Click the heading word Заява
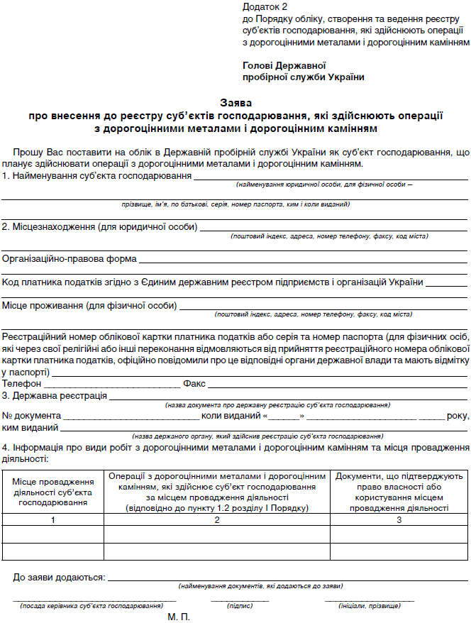(x=235, y=102)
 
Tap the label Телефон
(x=22, y=384)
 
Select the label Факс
(x=194, y=384)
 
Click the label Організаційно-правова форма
(x=70, y=259)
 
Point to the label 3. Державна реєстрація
(x=54, y=395)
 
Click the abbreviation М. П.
(x=179, y=617)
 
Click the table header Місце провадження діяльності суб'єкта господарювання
(x=53, y=492)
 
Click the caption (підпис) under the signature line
(x=239, y=606)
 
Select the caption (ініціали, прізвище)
(x=370, y=606)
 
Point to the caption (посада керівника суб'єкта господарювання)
(x=92, y=606)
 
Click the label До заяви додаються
(x=59, y=578)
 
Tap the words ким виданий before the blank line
(x=31, y=427)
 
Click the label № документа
(x=31, y=416)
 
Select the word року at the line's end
(x=458, y=416)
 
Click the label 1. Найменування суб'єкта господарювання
(x=96, y=175)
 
